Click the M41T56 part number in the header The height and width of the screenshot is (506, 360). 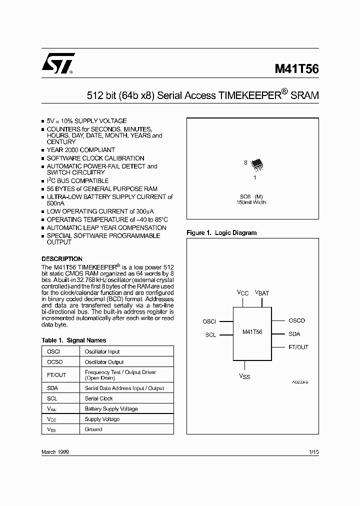[x=296, y=69]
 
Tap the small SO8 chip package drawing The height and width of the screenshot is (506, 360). [x=256, y=163]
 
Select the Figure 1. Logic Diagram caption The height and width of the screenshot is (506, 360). [x=221, y=232]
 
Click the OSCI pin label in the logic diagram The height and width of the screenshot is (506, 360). [x=209, y=322]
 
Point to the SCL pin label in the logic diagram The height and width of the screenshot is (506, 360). [x=210, y=335]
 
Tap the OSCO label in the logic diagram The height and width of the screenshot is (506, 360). [x=296, y=320]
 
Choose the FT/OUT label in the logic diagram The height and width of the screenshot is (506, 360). [x=298, y=347]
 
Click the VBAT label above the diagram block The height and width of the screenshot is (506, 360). [x=262, y=292]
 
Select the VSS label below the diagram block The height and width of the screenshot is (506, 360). [x=244, y=376]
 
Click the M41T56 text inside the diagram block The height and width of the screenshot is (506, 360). [x=252, y=331]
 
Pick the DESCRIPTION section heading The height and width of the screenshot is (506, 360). [x=62, y=259]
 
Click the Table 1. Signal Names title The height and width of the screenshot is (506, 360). [x=73, y=340]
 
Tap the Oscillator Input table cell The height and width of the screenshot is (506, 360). [x=102, y=351]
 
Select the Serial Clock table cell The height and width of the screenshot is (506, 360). [x=99, y=398]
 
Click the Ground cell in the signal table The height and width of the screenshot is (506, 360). [x=93, y=429]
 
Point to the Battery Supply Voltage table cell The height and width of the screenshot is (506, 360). [x=111, y=409]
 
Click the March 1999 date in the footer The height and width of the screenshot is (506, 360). [x=55, y=452]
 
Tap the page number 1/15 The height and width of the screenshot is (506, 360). [x=313, y=452]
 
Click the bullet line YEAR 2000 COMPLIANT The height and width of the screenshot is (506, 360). [x=81, y=149]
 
